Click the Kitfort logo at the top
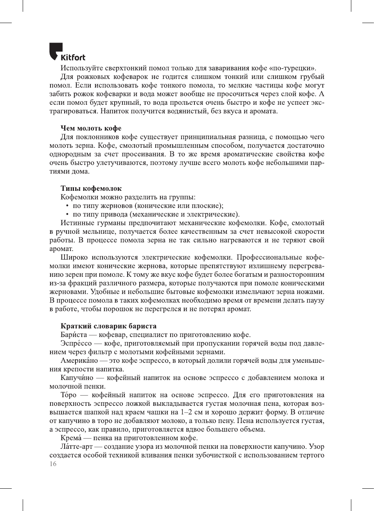pyautogui.click(x=67, y=52)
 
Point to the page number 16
pyautogui.click(x=53, y=464)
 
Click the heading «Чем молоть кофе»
pyautogui.click(x=91, y=128)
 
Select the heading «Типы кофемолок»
pyautogui.click(x=91, y=188)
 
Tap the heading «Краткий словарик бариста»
pyautogui.click(x=108, y=326)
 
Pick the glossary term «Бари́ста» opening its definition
pyautogui.click(x=74, y=335)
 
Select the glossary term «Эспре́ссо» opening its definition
pyautogui.click(x=76, y=343)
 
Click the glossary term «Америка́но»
pyautogui.click(x=79, y=360)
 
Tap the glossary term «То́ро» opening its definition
pyautogui.click(x=68, y=395)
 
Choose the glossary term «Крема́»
pyautogui.click(x=71, y=438)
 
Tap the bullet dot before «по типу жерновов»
pyautogui.click(x=68, y=206)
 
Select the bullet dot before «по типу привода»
pyautogui.click(x=68, y=215)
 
